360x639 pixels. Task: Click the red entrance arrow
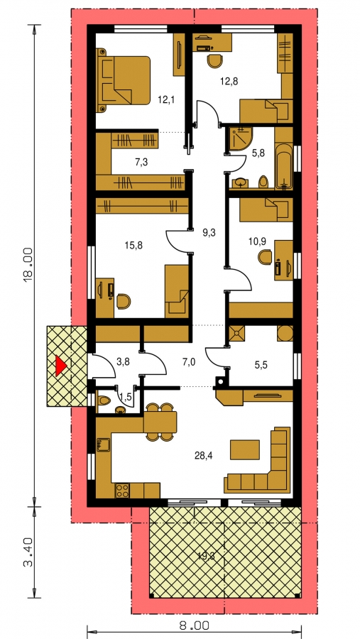click(60, 365)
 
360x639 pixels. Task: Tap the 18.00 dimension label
click(28, 265)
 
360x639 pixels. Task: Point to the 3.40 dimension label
click(28, 552)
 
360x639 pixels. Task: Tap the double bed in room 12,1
click(123, 80)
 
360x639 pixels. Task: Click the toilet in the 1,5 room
click(104, 400)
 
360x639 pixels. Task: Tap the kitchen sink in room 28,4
click(103, 444)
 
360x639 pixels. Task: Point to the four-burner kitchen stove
click(122, 490)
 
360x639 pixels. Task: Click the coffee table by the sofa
click(245, 449)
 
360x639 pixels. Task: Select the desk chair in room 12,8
click(215, 61)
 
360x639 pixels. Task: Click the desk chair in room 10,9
click(265, 258)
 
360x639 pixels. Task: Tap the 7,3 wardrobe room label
click(141, 162)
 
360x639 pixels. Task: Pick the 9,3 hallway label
click(209, 233)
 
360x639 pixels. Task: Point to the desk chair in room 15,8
click(124, 302)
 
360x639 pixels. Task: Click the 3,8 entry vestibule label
click(123, 361)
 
